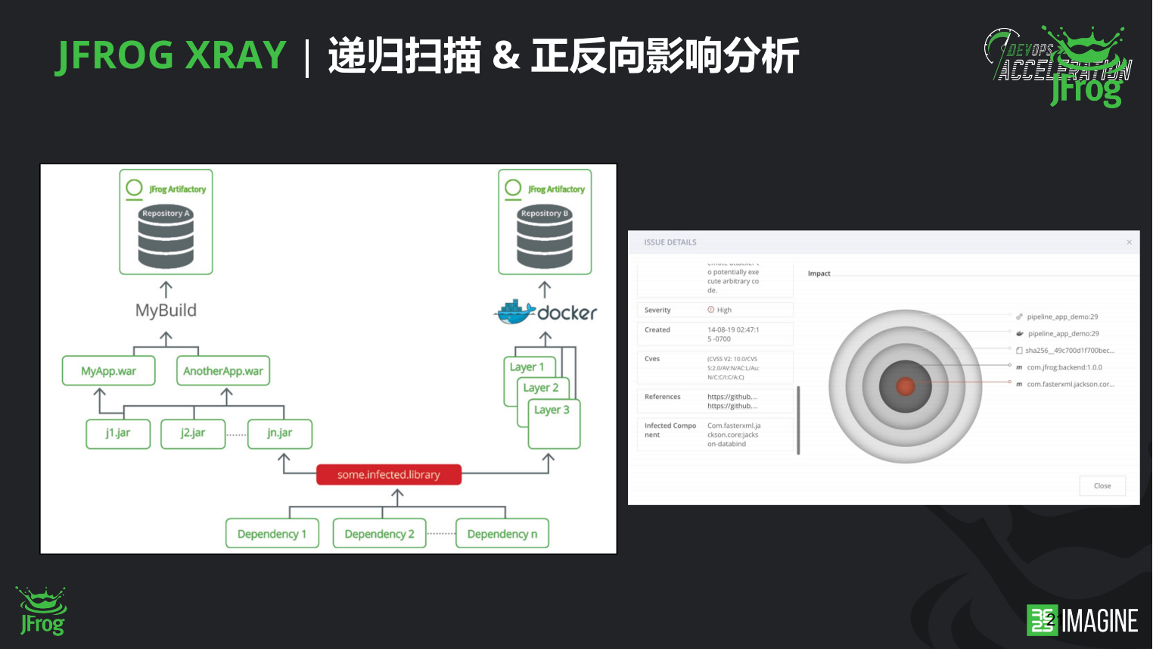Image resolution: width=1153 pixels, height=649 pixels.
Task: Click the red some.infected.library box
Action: point(389,475)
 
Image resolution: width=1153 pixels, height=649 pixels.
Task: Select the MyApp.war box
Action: point(109,371)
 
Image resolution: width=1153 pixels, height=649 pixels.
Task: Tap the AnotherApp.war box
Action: point(223,371)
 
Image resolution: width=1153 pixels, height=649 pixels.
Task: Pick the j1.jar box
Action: point(118,433)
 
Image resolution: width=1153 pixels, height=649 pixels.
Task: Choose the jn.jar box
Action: point(279,433)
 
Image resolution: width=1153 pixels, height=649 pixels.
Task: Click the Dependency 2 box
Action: point(379,534)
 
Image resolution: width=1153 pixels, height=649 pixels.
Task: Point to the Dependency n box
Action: point(502,534)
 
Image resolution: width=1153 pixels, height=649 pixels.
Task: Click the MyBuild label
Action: point(166,310)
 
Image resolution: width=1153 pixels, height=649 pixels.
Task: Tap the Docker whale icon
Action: point(514,312)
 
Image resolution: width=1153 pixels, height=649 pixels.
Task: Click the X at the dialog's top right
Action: point(1130,242)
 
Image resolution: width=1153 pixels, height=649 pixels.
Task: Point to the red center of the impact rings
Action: point(906,386)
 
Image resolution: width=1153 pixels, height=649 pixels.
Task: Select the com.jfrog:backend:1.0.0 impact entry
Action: point(1064,367)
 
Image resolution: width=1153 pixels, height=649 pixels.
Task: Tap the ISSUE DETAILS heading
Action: point(670,242)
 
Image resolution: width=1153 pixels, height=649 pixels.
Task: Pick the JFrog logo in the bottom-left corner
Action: point(42,611)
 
